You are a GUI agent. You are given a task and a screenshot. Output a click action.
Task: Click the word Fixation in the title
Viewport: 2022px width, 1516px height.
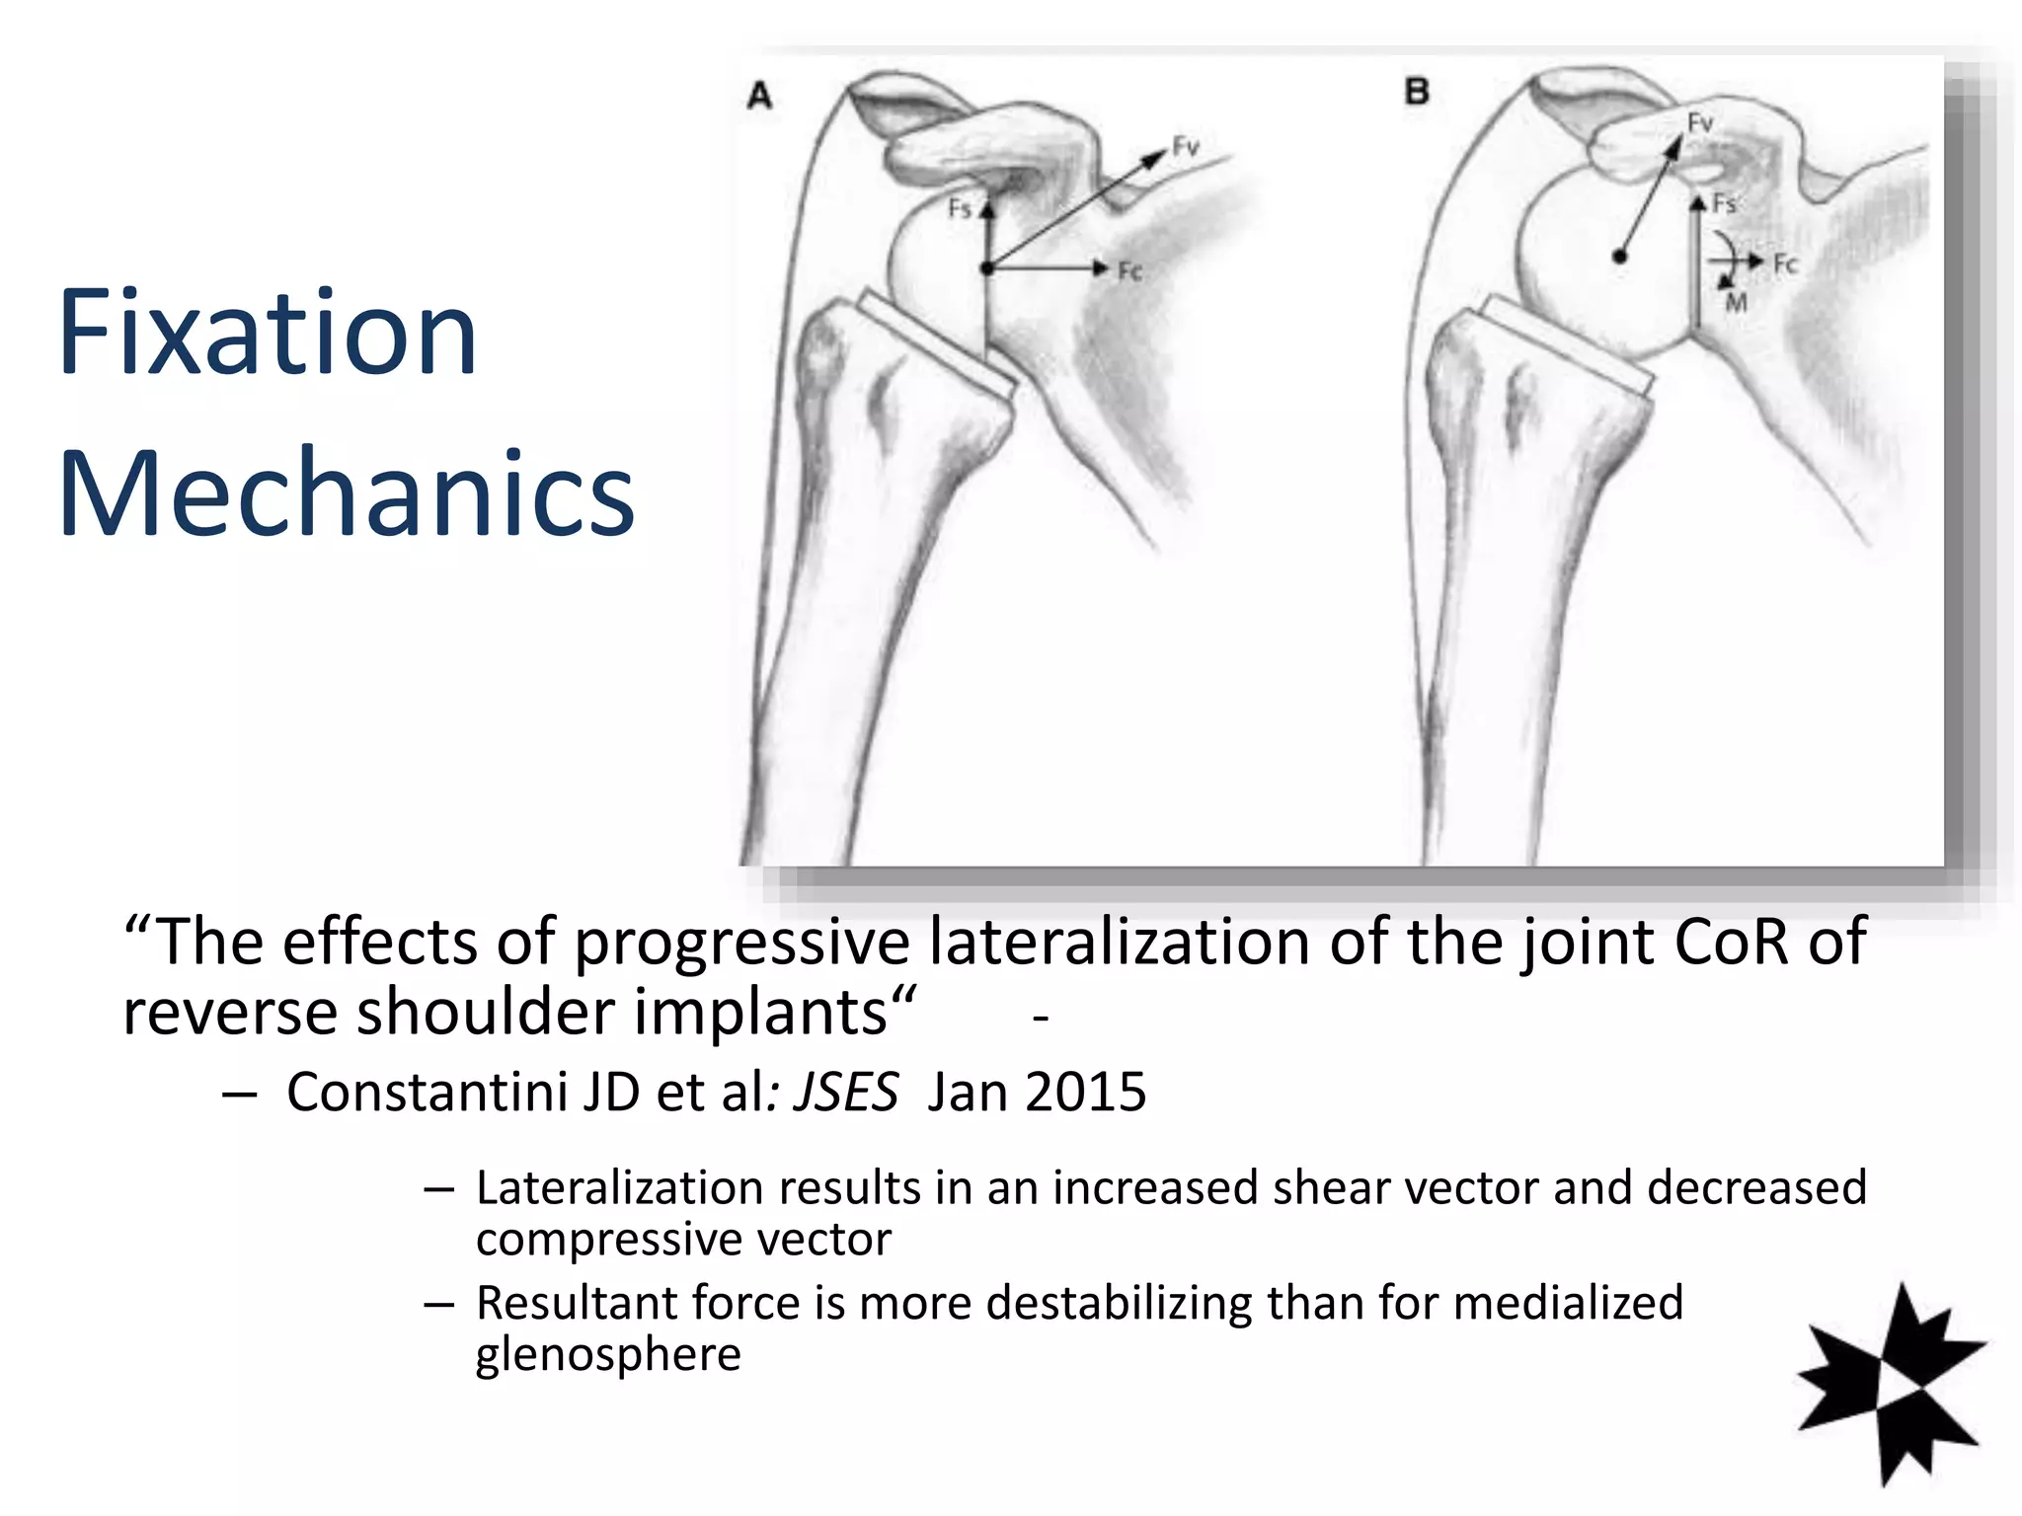click(x=267, y=334)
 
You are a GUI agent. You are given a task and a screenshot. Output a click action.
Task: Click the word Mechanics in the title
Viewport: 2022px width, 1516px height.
click(x=346, y=493)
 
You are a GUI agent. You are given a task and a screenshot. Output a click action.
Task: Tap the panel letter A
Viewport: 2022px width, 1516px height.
click(x=759, y=96)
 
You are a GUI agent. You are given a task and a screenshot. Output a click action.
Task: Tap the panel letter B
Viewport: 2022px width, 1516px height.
click(x=1417, y=93)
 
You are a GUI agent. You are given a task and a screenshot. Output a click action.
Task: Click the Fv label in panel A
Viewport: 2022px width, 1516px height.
click(x=1186, y=147)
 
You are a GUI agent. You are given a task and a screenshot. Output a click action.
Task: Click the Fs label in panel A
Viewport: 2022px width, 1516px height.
click(x=960, y=208)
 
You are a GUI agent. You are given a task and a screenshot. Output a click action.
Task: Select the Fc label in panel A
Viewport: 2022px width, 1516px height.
click(x=1129, y=270)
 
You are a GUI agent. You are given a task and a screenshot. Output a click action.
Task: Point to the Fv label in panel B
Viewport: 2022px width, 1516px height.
click(x=1700, y=122)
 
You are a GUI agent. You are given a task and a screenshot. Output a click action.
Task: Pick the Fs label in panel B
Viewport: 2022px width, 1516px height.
click(x=1724, y=203)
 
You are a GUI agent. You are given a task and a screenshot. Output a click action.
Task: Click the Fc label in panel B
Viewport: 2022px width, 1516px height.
click(x=1786, y=264)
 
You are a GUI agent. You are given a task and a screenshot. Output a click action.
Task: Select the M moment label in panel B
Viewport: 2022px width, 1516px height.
click(x=1737, y=302)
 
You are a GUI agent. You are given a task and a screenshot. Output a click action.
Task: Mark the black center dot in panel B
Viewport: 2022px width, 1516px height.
click(x=1619, y=257)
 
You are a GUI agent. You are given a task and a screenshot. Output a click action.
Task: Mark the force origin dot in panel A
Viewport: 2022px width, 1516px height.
click(x=986, y=267)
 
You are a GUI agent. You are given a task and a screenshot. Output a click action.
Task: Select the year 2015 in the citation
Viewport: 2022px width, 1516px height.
click(x=1085, y=1093)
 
